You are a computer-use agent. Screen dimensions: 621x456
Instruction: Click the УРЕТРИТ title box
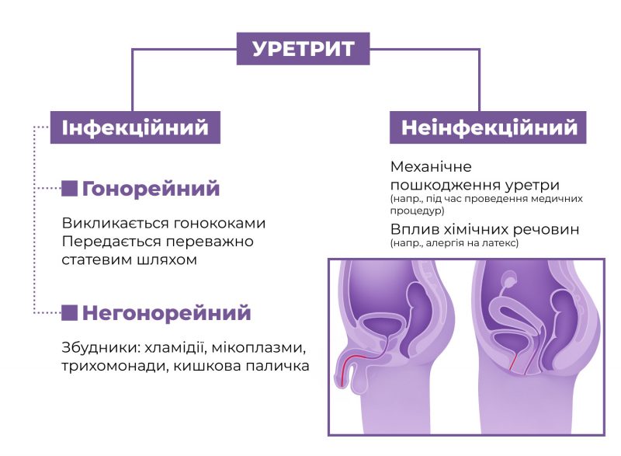[303, 49]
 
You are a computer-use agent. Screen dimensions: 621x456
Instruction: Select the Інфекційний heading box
[135, 127]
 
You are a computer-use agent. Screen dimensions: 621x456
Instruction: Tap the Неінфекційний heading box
[487, 127]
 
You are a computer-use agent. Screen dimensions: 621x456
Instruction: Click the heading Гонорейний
[151, 189]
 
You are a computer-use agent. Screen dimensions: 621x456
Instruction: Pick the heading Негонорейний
[166, 313]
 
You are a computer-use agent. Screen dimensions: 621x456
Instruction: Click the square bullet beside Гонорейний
[69, 188]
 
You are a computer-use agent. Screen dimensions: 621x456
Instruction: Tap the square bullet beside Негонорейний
[69, 313]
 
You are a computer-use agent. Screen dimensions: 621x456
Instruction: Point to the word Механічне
[431, 167]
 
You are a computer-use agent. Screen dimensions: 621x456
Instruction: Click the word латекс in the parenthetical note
[501, 243]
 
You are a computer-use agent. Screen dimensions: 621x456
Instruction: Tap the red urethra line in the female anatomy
[512, 359]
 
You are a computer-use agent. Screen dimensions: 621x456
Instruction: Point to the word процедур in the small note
[417, 211]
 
